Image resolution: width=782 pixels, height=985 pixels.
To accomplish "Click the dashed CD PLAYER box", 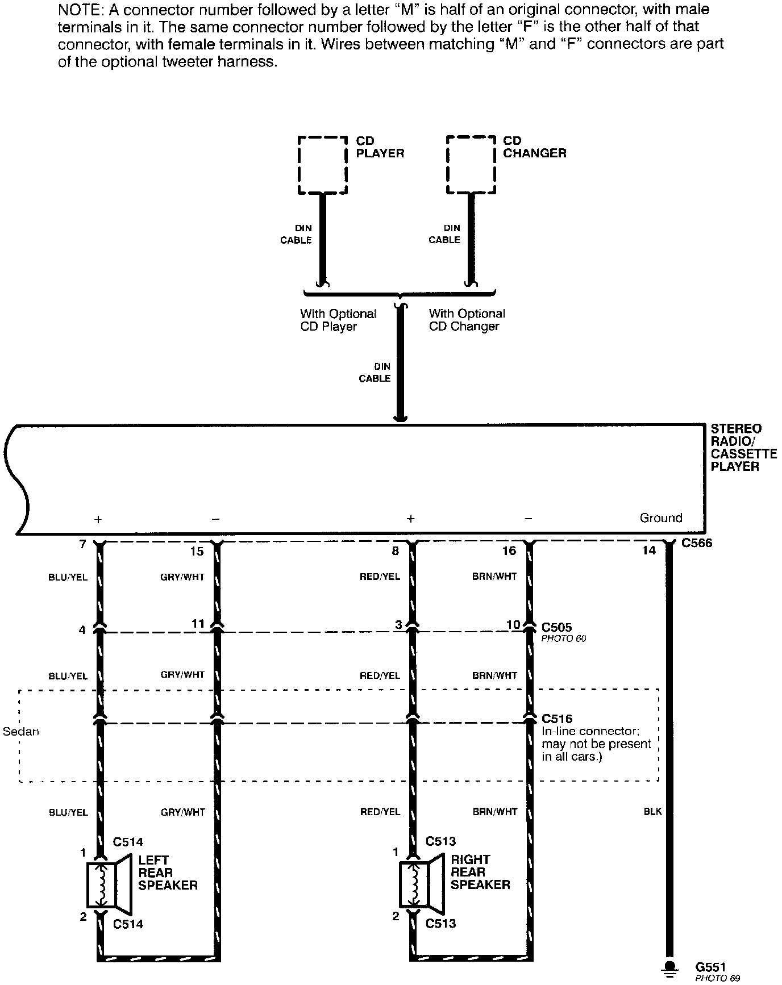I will click(x=322, y=165).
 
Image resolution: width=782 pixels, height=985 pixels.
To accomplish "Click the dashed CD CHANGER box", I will click(x=471, y=165).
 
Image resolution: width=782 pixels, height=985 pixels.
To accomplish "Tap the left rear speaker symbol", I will click(x=109, y=884).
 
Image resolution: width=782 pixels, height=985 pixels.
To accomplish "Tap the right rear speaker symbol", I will click(x=421, y=884).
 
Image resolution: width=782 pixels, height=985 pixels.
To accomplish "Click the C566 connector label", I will click(x=696, y=543).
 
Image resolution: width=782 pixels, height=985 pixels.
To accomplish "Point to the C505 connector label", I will click(x=556, y=627).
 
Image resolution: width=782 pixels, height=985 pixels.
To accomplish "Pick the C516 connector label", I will click(x=557, y=719).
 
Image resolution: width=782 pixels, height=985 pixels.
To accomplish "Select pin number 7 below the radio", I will click(x=83, y=545).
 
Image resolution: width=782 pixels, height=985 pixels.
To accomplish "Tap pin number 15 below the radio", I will click(x=197, y=551).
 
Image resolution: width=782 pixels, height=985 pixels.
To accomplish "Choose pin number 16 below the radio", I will click(x=509, y=551).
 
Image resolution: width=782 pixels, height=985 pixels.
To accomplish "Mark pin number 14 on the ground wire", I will click(x=648, y=550).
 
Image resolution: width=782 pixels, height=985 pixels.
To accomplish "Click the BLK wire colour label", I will click(x=653, y=812).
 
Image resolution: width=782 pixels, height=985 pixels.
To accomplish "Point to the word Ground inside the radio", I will click(x=660, y=518).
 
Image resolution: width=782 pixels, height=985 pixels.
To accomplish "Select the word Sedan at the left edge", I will click(x=21, y=732).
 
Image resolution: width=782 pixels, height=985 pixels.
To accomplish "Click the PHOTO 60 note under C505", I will click(x=563, y=638).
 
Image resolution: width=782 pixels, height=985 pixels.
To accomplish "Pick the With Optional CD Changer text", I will click(x=467, y=320).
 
